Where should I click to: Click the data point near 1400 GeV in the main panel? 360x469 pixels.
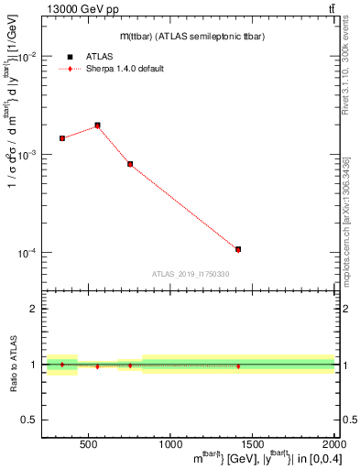pos(238,249)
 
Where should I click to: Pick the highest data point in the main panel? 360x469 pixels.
pos(98,125)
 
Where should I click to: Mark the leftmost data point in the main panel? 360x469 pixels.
pos(62,138)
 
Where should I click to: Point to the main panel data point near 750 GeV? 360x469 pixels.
pos(131,164)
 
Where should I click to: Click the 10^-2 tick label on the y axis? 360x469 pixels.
pos(27,57)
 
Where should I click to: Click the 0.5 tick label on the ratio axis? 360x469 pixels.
pos(30,420)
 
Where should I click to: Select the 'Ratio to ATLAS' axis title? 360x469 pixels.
pos(13,365)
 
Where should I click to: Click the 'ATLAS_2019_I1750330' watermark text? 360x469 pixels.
pos(190,274)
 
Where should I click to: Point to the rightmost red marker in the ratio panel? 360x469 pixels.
pos(238,366)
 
